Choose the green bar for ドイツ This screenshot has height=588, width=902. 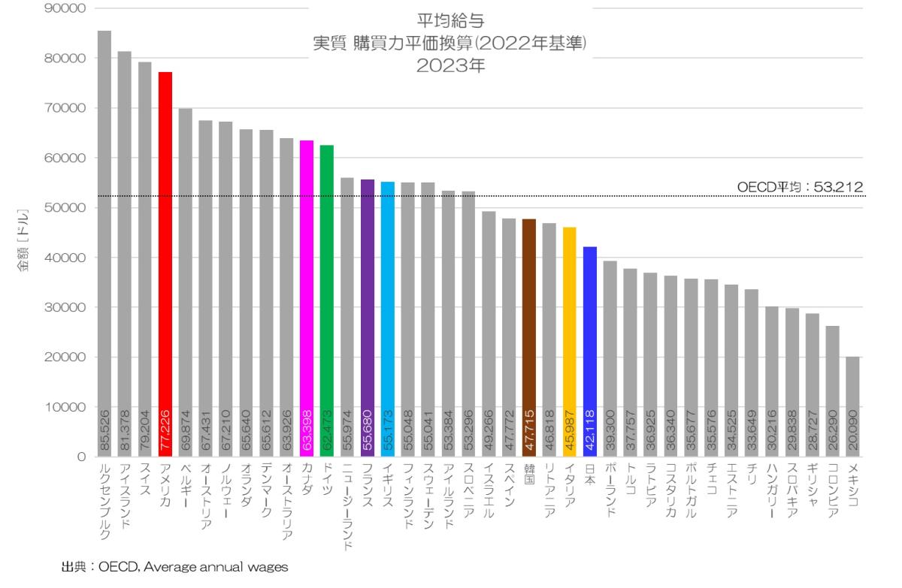(327, 300)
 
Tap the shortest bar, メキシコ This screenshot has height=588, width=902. (852, 406)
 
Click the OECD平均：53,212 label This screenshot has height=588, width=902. (800, 187)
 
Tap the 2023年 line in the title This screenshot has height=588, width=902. (449, 65)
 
